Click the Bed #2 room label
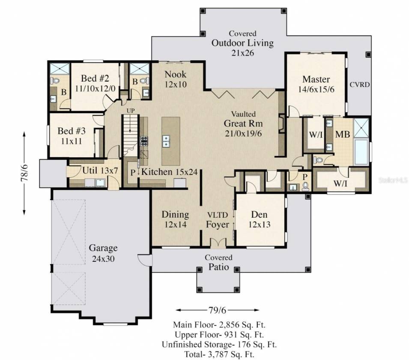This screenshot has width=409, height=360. coord(95,78)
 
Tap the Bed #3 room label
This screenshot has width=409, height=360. coord(72,131)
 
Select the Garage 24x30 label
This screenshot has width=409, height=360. coord(103,253)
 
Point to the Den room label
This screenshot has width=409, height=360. coord(259,214)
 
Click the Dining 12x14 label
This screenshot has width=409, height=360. coord(175,219)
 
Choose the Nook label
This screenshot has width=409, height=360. coord(175,75)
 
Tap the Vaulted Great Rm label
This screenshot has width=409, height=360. coord(243,119)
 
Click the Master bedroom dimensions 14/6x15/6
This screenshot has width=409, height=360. coord(316,90)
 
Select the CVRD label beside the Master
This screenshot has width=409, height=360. coord(360,84)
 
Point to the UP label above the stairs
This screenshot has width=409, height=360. coord(131,111)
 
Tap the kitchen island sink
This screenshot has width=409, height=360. coord(166,141)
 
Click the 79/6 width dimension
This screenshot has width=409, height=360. coord(217,310)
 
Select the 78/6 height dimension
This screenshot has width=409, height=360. coord(24,173)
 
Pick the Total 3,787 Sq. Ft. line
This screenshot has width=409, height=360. coord(219,354)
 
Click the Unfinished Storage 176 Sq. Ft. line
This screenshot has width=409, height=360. coord(219,345)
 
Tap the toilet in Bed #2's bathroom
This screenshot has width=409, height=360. coord(55,81)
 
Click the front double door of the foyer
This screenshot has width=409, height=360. coord(218,243)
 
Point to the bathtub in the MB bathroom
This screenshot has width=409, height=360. coord(361,152)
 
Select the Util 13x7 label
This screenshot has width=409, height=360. coord(100,171)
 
